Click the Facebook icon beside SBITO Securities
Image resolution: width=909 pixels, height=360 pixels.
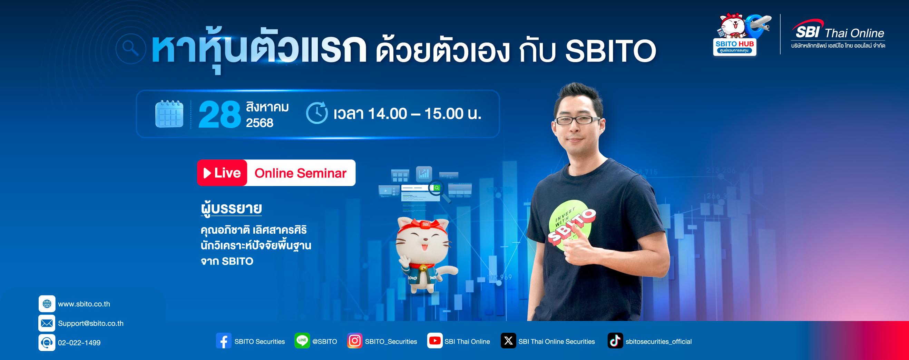224,341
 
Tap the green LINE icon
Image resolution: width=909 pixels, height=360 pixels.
302,341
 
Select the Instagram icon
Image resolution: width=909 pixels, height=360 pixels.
355,341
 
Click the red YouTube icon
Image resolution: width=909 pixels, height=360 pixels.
435,341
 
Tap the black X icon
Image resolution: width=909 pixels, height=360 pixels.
508,341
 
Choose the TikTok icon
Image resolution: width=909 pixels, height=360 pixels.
615,341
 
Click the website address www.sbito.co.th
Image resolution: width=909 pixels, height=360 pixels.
84,304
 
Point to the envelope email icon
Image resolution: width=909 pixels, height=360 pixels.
47,323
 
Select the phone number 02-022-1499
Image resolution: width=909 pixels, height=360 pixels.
79,343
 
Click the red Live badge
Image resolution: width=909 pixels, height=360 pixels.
222,173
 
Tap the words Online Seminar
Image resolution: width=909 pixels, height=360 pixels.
301,173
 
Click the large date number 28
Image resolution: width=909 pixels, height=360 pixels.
219,114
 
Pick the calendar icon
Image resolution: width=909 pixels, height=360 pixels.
169,114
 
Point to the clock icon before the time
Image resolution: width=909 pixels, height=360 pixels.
316,113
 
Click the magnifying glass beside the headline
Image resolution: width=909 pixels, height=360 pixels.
130,49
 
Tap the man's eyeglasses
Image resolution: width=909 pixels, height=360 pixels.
577,120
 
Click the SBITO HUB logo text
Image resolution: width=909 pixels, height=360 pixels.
735,44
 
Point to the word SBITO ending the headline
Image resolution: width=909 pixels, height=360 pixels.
611,51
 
